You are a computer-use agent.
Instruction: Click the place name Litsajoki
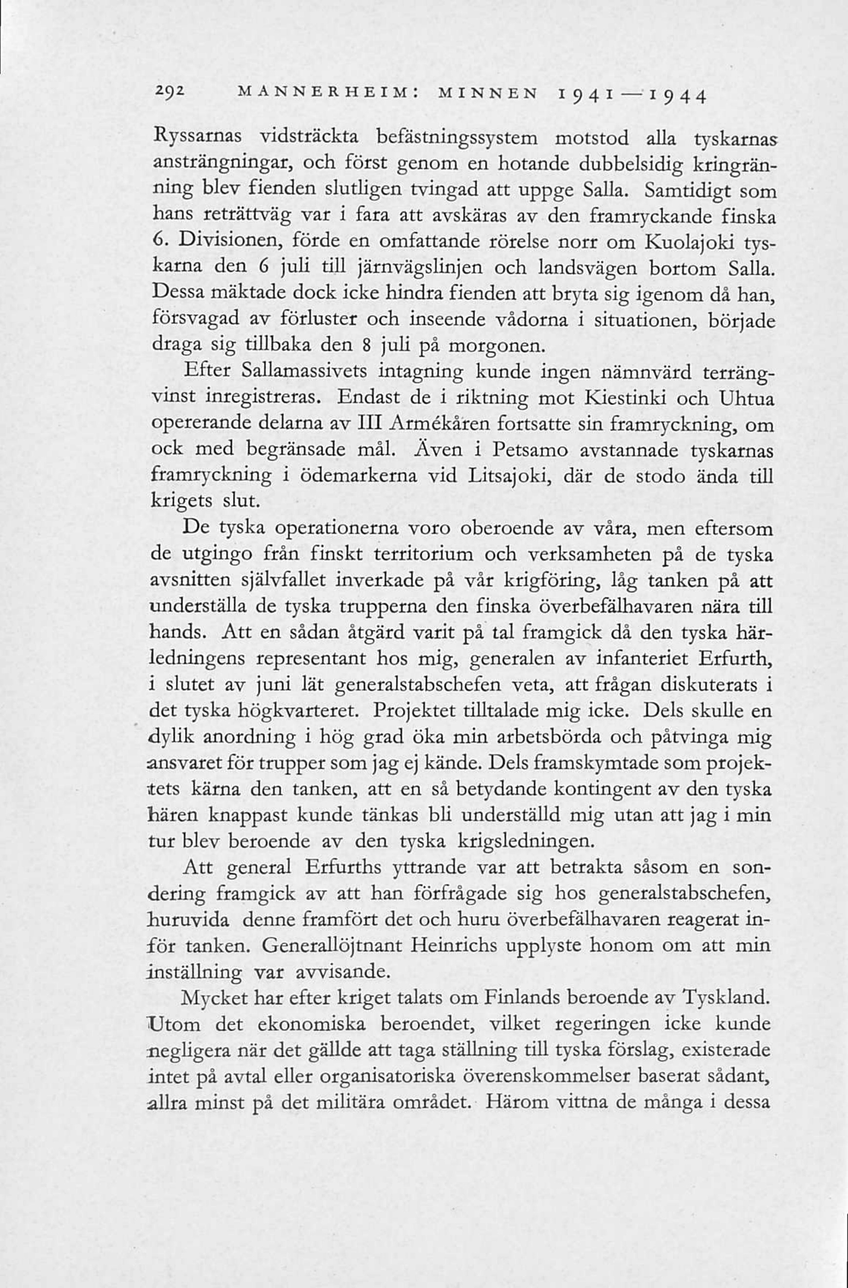tap(509, 476)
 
